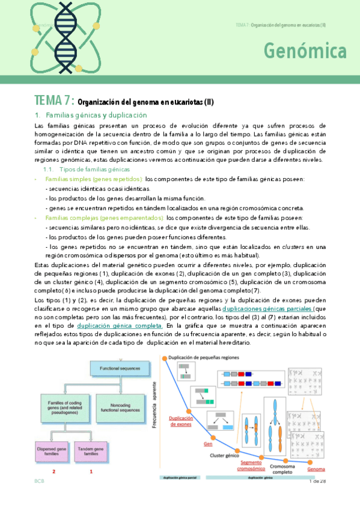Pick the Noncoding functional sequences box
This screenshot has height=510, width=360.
[x=123, y=404]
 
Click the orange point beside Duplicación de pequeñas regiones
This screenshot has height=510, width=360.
[x=163, y=357]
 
